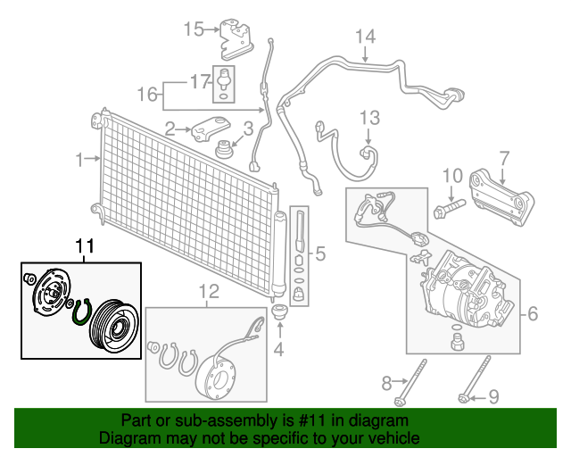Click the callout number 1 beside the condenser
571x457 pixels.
tap(79, 160)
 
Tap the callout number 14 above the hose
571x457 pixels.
tap(366, 37)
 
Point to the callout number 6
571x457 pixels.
tap(533, 313)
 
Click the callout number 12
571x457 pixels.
tap(208, 290)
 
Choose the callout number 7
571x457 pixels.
tap(504, 159)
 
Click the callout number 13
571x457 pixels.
tap(369, 117)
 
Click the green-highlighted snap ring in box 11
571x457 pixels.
tap(81, 314)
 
